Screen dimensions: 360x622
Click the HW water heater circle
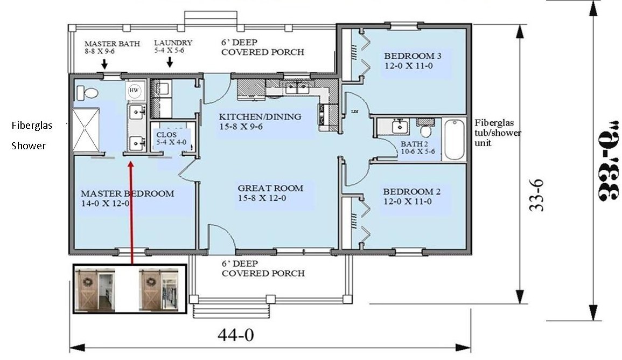[x=135, y=91]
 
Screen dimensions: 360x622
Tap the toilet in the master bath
[x=87, y=93]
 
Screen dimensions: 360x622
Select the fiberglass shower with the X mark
[x=86, y=130]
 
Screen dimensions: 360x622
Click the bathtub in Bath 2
[x=454, y=140]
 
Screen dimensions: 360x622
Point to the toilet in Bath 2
[x=426, y=131]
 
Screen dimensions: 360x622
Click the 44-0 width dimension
[x=235, y=336]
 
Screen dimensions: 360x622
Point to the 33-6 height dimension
[x=536, y=195]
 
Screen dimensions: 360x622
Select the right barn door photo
[x=158, y=290]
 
